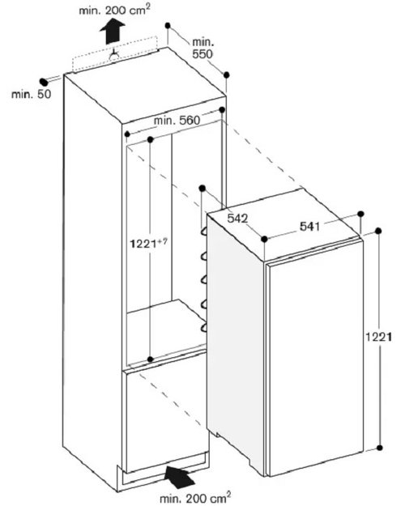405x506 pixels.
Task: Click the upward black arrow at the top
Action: [112, 31]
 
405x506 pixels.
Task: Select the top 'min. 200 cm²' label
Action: [115, 11]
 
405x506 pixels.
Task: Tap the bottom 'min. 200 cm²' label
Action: [195, 497]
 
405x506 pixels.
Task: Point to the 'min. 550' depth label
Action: [202, 48]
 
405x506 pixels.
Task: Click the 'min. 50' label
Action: [32, 94]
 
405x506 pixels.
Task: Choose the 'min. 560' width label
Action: [177, 121]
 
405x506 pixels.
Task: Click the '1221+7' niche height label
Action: [148, 243]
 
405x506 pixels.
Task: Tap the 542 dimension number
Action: [237, 219]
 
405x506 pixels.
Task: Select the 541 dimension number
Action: [309, 227]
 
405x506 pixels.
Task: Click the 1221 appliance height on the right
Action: [378, 337]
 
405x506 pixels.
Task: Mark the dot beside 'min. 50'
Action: [43, 82]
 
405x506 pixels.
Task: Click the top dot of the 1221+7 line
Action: [150, 139]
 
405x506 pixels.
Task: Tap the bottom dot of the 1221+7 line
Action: [150, 359]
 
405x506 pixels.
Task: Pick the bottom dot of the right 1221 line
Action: [380, 448]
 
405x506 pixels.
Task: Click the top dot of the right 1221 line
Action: [378, 231]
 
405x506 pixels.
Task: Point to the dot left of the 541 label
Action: [265, 239]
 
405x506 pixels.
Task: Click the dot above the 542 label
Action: [202, 188]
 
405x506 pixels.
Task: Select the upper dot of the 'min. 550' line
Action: [168, 25]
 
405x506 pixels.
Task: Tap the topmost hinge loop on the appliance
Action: [204, 231]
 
